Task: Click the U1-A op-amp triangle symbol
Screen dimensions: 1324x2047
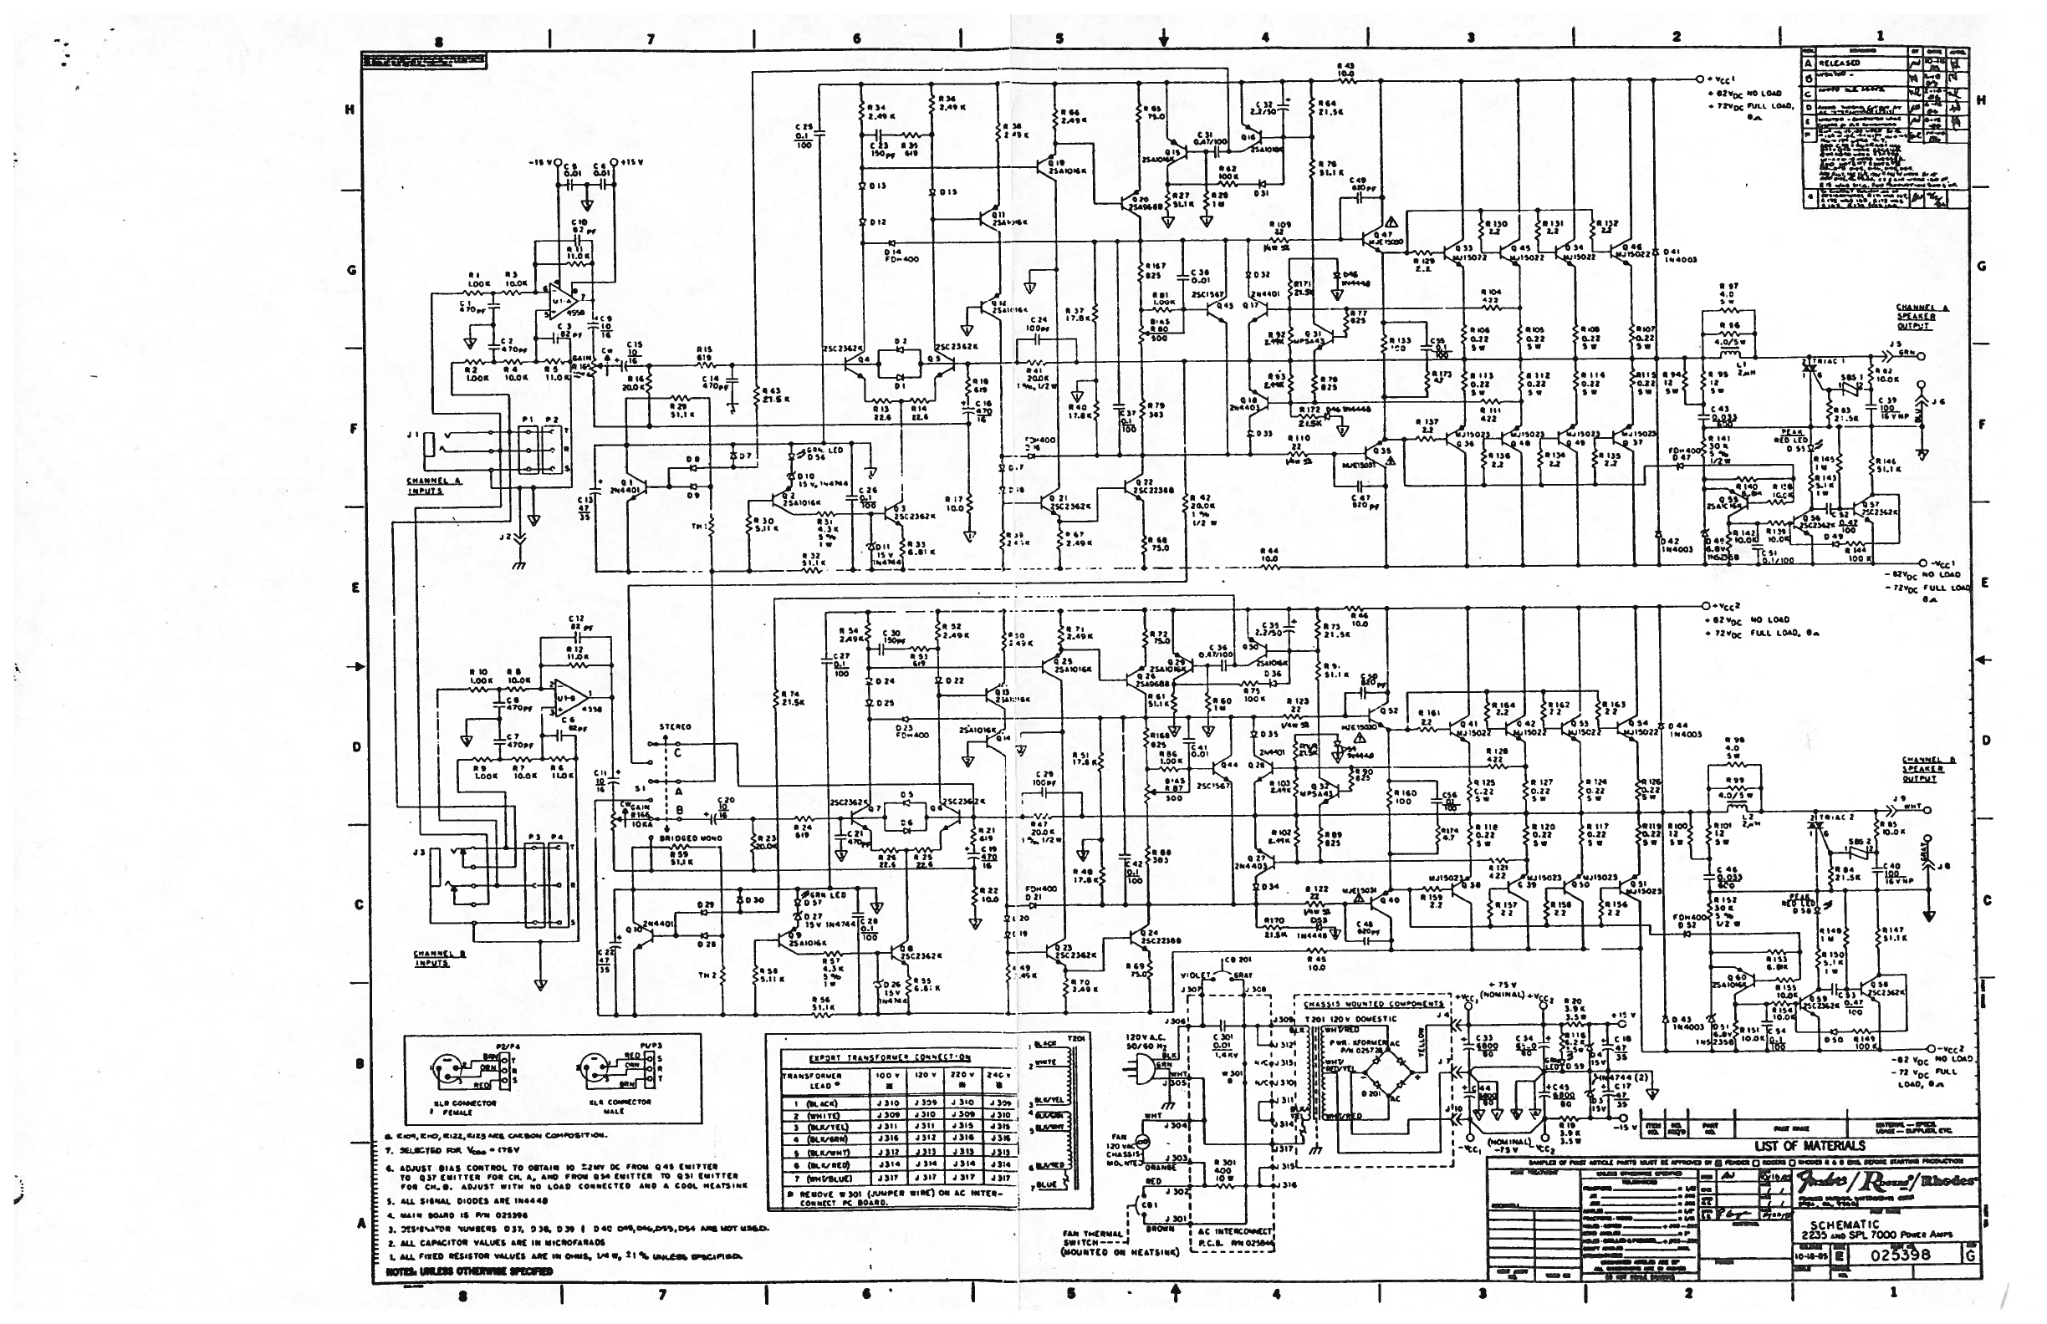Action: [x=564, y=293]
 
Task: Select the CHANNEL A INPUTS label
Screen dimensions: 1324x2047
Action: [x=435, y=486]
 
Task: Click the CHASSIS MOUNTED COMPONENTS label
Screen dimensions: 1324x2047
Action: [x=1373, y=1003]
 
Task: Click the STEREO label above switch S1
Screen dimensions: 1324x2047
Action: [x=675, y=726]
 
